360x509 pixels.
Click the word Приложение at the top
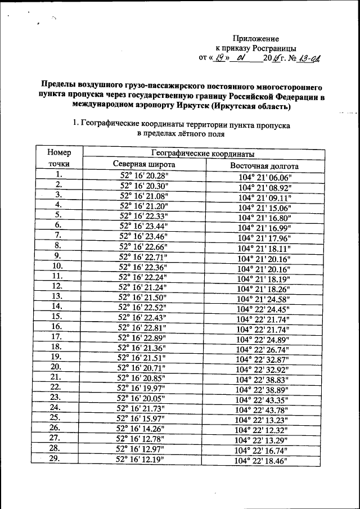(260, 38)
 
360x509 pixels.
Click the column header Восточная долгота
(264, 166)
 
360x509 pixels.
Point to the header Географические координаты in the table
(204, 154)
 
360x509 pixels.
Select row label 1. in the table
(57, 174)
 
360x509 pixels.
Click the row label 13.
(57, 296)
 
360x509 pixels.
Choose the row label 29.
(55, 458)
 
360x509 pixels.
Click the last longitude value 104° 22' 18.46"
(262, 461)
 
